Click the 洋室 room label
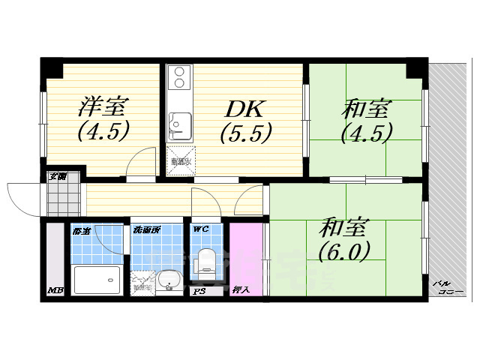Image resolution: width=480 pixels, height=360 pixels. (102, 106)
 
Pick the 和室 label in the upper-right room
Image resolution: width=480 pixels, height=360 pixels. (365, 109)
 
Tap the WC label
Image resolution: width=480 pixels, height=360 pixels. (201, 229)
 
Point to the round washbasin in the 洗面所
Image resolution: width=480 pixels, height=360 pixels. (169, 279)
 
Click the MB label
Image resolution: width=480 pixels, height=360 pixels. (55, 290)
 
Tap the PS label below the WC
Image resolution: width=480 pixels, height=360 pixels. (199, 291)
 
